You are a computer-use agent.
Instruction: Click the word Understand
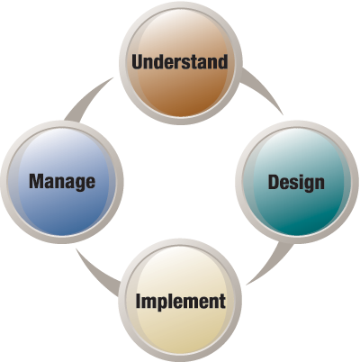tap(179, 61)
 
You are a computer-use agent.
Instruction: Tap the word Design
tap(296, 182)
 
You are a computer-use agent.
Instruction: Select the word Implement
tap(181, 301)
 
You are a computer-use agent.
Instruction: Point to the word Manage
tap(62, 182)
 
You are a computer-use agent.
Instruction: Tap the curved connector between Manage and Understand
tap(87, 99)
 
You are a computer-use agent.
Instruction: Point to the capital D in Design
tap(274, 182)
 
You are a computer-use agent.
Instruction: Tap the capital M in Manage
tap(37, 181)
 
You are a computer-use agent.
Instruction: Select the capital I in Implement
tap(138, 301)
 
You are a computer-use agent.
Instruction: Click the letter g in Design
tap(306, 186)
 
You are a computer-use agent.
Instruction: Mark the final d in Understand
tap(222, 61)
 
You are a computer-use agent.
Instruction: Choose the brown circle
tap(180, 62)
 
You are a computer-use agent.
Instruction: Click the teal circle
tap(297, 182)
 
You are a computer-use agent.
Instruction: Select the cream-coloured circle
tap(180, 300)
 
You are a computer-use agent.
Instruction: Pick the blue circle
tap(62, 182)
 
